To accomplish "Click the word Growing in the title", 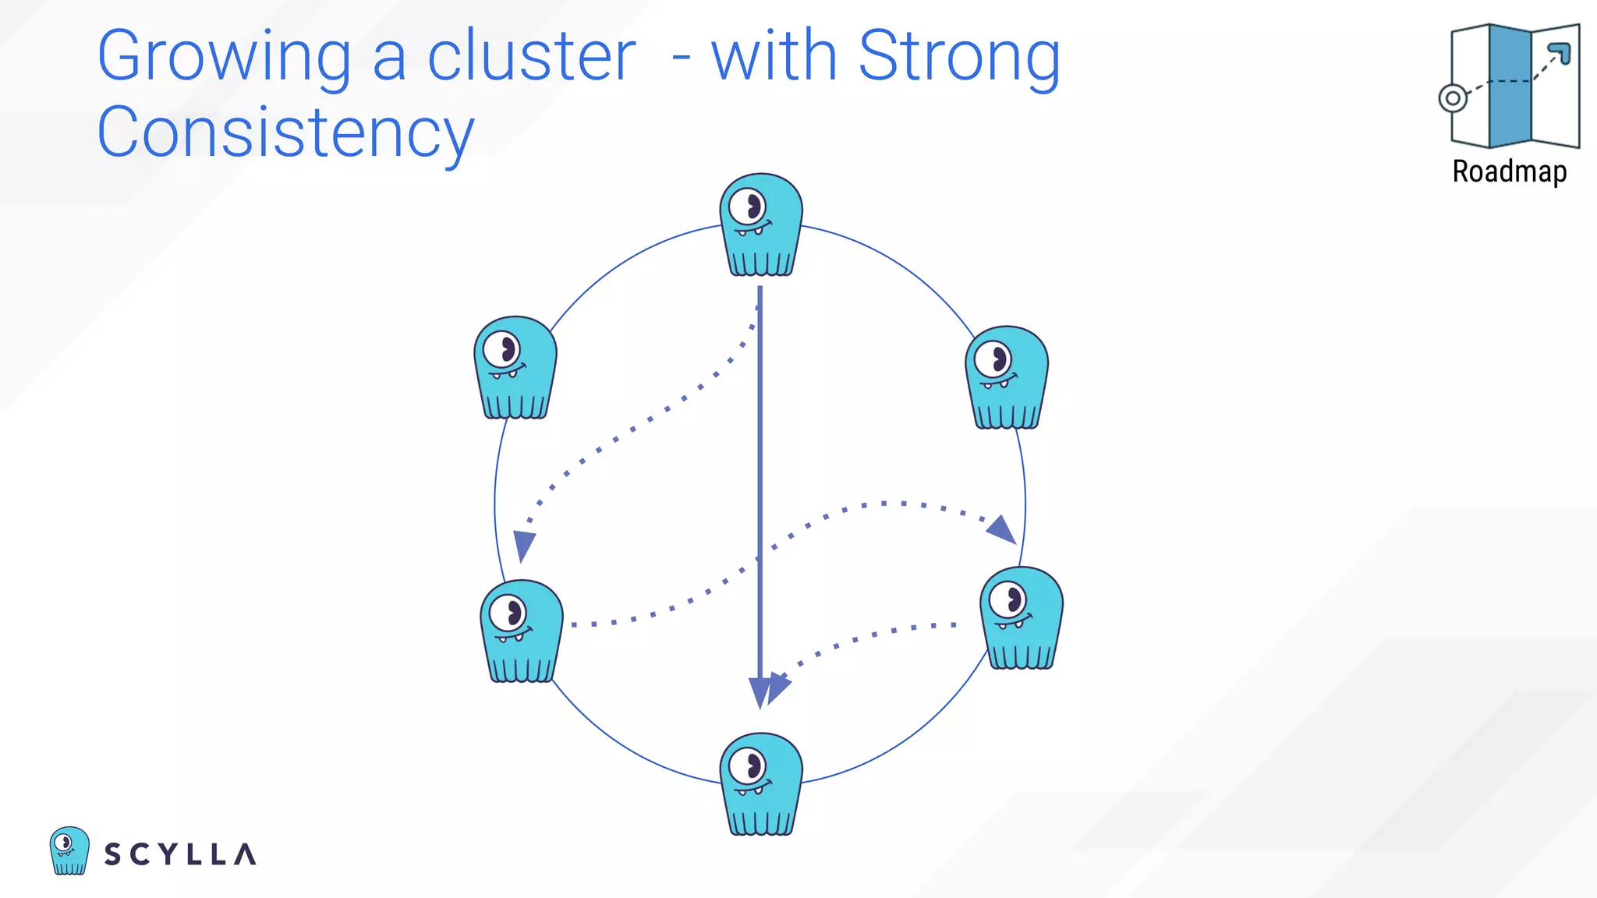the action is pos(225,57).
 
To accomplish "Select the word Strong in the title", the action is pos(958,57).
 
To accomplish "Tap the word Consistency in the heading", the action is pos(285,133).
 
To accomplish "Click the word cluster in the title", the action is pos(532,57).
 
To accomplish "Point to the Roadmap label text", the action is pos(1509,171).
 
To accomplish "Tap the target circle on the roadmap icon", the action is pos(1452,99).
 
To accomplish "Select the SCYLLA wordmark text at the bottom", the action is pos(180,854).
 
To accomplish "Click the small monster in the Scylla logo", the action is pos(69,850).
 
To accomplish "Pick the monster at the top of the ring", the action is pos(761,225).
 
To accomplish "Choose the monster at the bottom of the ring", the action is pos(761,784).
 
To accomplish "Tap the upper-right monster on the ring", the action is pos(1007,377).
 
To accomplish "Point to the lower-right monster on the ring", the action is pos(1022,618).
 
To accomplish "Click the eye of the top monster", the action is pos(749,207).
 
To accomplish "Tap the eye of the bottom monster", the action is pos(749,765).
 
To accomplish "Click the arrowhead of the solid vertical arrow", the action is pos(760,692).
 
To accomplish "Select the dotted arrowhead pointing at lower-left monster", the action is pos(524,544).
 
